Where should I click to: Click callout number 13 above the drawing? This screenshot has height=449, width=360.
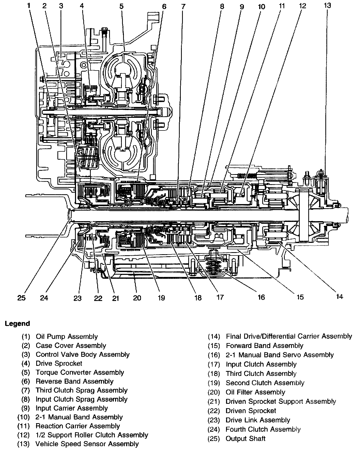(x=327, y=5)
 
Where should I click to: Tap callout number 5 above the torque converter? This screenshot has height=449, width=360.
(x=122, y=6)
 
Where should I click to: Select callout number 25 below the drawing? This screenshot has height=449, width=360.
(x=21, y=298)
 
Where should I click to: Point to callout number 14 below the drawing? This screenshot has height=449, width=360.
(x=340, y=297)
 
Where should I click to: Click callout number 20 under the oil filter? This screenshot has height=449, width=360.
(x=137, y=298)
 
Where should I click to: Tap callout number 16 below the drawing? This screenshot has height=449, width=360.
(x=261, y=297)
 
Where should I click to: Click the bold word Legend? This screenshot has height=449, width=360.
(x=17, y=323)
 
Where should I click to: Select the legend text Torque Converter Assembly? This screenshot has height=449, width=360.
(x=80, y=372)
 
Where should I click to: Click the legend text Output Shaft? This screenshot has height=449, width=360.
(x=245, y=438)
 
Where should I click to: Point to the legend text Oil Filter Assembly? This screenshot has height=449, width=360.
(x=255, y=392)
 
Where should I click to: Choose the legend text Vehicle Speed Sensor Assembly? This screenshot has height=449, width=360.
(x=87, y=444)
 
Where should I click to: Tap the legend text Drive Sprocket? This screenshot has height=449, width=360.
(x=59, y=363)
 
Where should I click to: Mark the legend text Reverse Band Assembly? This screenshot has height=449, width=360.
(x=74, y=381)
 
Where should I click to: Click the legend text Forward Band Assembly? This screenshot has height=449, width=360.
(x=264, y=346)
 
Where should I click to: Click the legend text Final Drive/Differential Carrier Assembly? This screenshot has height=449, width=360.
(x=289, y=336)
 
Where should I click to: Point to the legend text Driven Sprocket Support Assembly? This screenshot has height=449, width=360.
(x=281, y=401)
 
